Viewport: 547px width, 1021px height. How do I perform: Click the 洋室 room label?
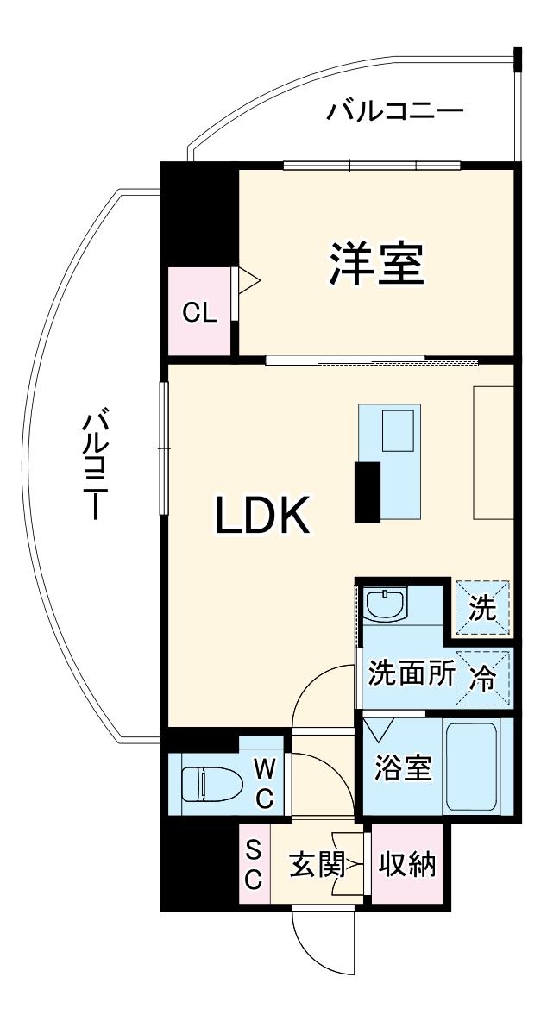click(x=376, y=265)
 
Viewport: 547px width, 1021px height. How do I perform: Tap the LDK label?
click(x=262, y=517)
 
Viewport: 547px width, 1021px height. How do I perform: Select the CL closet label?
click(x=199, y=313)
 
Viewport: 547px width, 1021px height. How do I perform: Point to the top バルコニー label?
click(x=395, y=112)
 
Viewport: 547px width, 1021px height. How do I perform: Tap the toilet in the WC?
click(x=211, y=783)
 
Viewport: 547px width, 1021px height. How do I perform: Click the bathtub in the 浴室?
click(x=471, y=765)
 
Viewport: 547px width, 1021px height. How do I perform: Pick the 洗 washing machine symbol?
click(x=482, y=608)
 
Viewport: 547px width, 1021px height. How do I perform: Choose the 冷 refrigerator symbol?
click(x=482, y=677)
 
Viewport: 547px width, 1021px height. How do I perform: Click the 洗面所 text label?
click(x=411, y=673)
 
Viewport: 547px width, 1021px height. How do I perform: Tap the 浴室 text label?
click(x=403, y=767)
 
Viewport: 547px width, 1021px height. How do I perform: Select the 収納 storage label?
click(x=408, y=864)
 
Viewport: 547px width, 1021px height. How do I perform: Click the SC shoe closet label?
click(x=254, y=864)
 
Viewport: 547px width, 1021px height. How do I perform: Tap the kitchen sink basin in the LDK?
click(x=398, y=429)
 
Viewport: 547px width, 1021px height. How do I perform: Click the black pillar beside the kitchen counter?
click(x=368, y=492)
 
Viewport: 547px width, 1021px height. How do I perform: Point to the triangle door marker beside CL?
click(x=248, y=281)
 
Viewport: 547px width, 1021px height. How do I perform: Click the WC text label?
click(x=264, y=782)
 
